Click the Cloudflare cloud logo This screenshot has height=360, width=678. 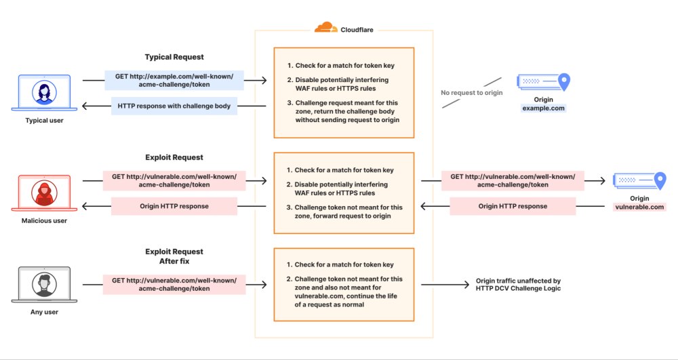(x=325, y=28)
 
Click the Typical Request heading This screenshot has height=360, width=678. (x=174, y=57)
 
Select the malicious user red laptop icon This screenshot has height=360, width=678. (x=45, y=193)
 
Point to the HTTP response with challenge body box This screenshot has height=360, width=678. (x=174, y=106)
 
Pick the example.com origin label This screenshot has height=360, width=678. (x=543, y=108)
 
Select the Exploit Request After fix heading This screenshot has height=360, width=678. (x=174, y=256)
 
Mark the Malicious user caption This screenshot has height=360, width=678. (x=45, y=220)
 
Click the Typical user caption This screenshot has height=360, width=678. (x=45, y=121)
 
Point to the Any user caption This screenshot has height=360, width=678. (x=45, y=313)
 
